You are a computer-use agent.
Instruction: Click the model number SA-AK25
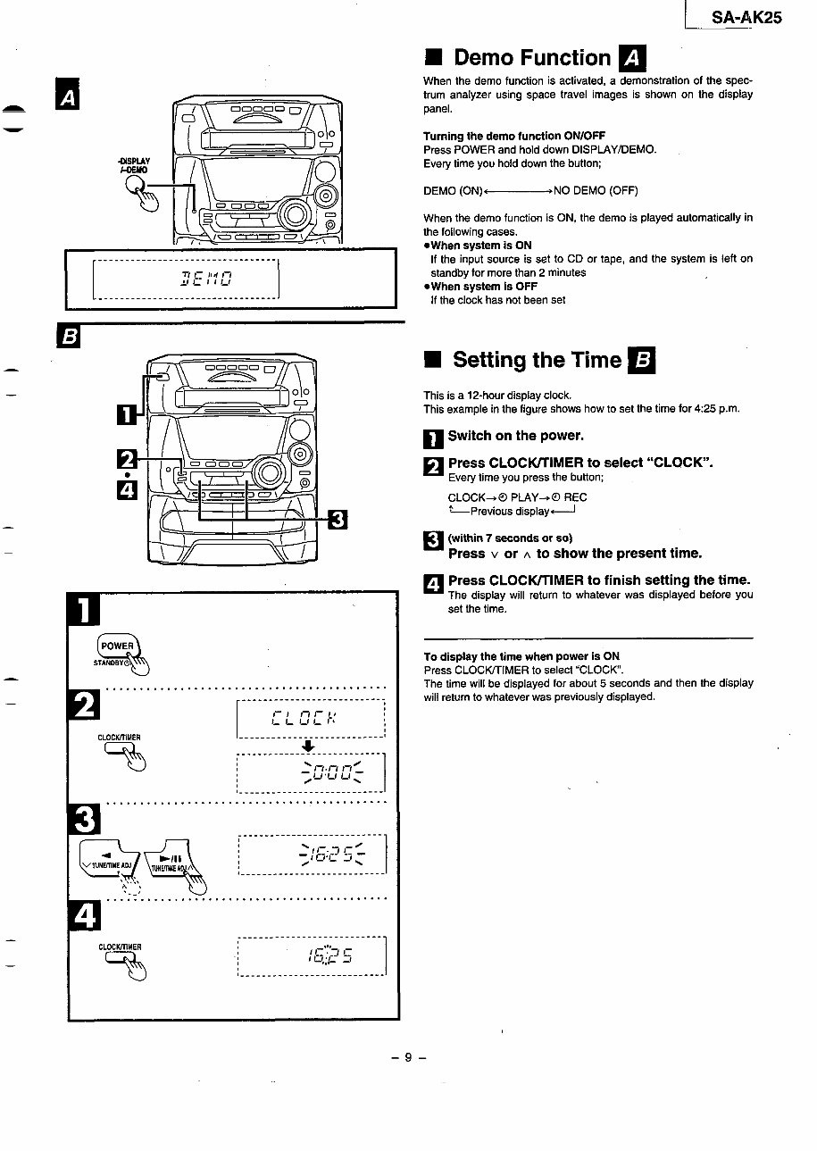(746, 17)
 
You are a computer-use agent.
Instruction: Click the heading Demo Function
(531, 58)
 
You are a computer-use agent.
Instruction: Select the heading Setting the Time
(537, 360)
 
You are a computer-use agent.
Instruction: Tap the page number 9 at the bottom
(408, 1057)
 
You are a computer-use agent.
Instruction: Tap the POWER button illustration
(117, 647)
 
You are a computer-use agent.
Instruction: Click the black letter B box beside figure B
(68, 338)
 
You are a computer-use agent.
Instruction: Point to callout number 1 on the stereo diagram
(128, 413)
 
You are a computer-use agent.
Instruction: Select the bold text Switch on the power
(515, 436)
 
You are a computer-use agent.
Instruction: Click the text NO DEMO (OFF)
(596, 191)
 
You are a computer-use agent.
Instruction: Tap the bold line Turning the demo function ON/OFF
(513, 136)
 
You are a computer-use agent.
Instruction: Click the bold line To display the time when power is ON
(521, 655)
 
